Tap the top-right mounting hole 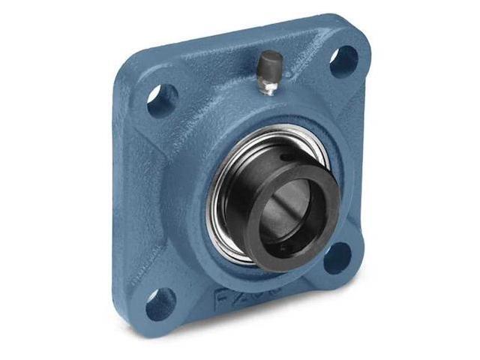click(344, 61)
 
